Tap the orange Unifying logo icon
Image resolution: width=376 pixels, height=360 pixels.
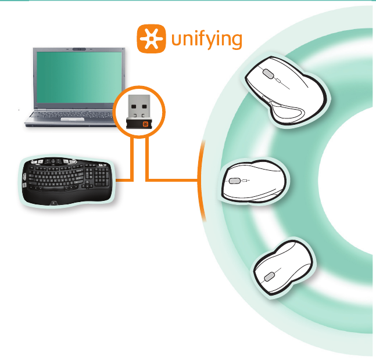point(151,38)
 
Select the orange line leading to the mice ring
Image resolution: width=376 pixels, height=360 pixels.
point(174,178)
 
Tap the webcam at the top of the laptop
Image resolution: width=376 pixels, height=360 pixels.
point(80,49)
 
